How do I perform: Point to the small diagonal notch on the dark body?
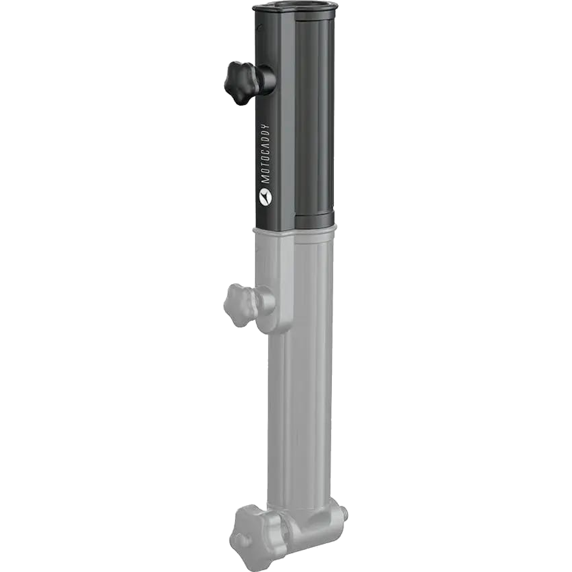coord(260,26)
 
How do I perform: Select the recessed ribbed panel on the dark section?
coord(314,118)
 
